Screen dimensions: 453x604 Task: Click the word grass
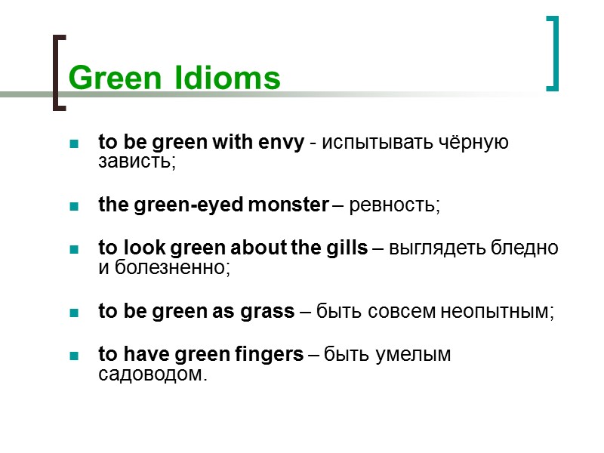coord(270,312)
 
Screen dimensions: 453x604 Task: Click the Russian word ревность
coord(393,205)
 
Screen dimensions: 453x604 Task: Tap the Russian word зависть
coord(136,162)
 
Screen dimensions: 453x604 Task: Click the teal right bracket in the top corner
coord(553,53)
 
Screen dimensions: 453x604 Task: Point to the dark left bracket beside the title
coord(57,72)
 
